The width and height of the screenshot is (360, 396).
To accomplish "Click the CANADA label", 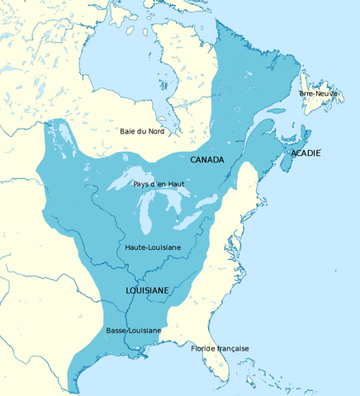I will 206,158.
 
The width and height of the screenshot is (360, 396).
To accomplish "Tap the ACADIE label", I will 305,153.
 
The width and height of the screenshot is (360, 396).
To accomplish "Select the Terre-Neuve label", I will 318,94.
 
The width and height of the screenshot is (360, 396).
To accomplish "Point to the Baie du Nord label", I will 142,131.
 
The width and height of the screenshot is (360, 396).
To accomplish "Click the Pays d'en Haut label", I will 159,183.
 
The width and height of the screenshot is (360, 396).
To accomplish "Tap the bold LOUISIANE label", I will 148,291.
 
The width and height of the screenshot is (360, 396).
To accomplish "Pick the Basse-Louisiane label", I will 133,330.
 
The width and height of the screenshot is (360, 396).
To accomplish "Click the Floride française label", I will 220,348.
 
